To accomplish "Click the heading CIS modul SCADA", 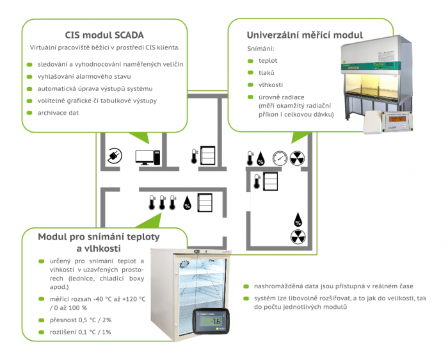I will [104, 35].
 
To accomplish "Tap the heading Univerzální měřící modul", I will [305, 35].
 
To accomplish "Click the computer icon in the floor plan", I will [147, 156].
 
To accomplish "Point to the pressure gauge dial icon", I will [280, 158].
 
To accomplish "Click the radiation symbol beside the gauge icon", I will [298, 158].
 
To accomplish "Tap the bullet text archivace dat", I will [58, 113].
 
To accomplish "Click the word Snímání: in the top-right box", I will [261, 48].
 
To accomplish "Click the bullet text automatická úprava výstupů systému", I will [95, 88].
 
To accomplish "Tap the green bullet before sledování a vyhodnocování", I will [29, 65].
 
